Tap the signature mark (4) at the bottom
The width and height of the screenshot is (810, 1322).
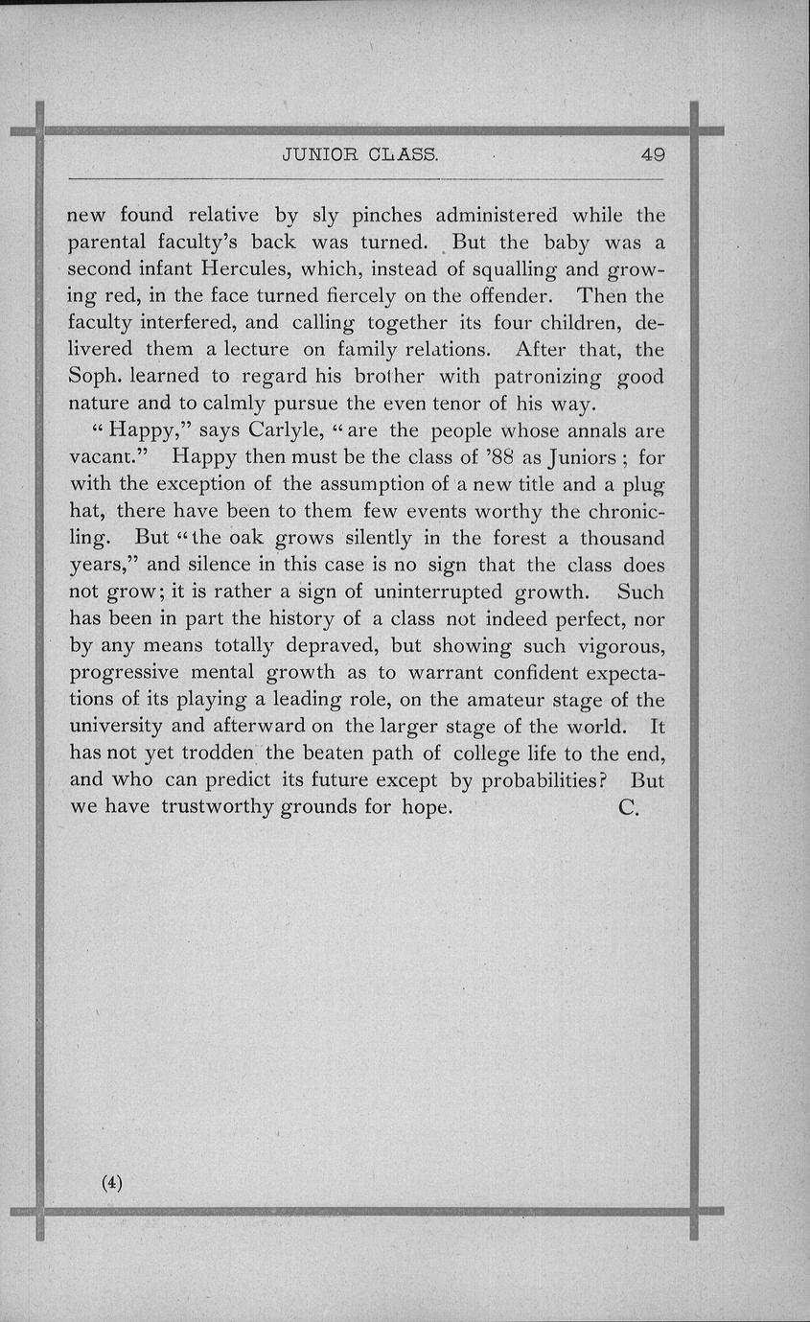click(112, 1182)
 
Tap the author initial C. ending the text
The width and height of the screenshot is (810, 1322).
click(629, 807)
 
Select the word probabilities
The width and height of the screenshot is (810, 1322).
click(542, 780)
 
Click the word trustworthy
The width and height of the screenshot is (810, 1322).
click(218, 807)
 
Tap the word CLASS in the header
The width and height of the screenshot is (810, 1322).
click(403, 154)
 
